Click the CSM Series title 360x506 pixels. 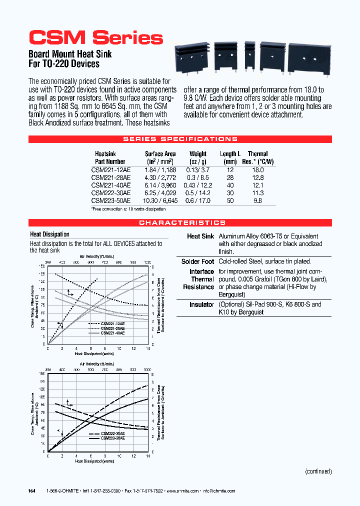(x=95, y=38)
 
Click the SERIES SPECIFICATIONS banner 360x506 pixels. (x=180, y=139)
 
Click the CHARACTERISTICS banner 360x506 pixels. (x=180, y=222)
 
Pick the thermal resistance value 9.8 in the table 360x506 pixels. (x=257, y=200)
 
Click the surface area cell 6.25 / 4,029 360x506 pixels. (x=160, y=192)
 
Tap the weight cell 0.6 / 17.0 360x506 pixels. (x=198, y=200)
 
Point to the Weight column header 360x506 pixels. (x=198, y=154)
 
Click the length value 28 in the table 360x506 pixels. (x=230, y=177)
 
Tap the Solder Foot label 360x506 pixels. (x=197, y=261)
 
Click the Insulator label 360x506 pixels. (x=201, y=304)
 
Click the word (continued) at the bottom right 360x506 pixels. (x=318, y=471)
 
